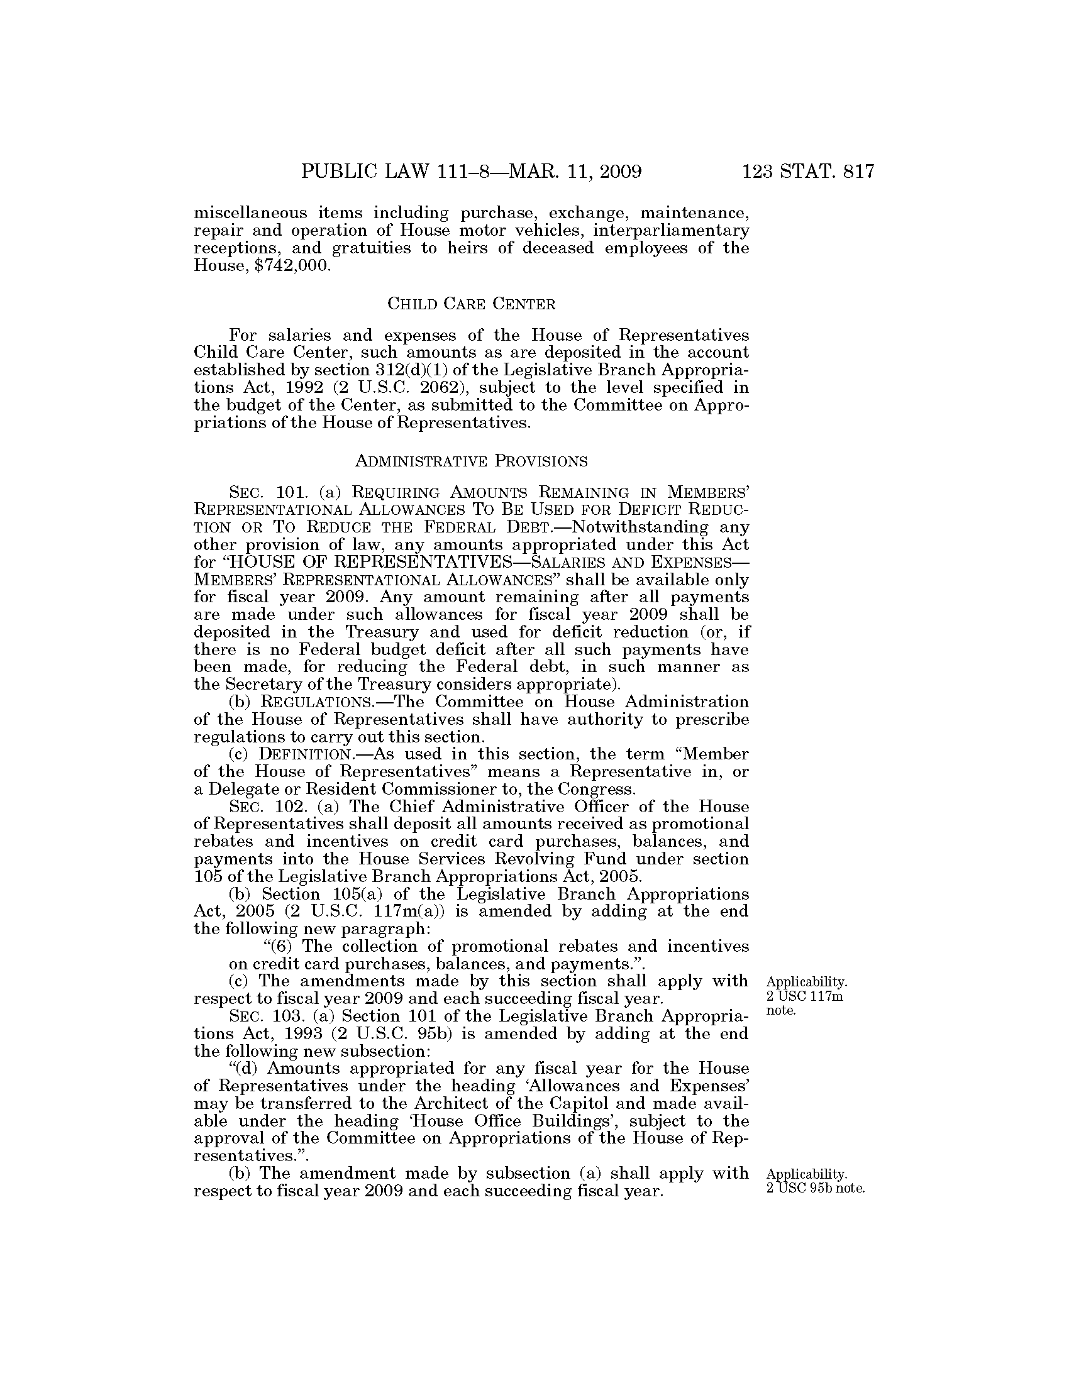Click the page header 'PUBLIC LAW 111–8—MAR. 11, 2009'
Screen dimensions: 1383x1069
(471, 172)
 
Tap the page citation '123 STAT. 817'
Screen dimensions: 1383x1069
(808, 172)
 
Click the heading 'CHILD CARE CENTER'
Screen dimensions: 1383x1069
(471, 305)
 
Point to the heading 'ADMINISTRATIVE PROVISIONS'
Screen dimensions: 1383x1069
(471, 461)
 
